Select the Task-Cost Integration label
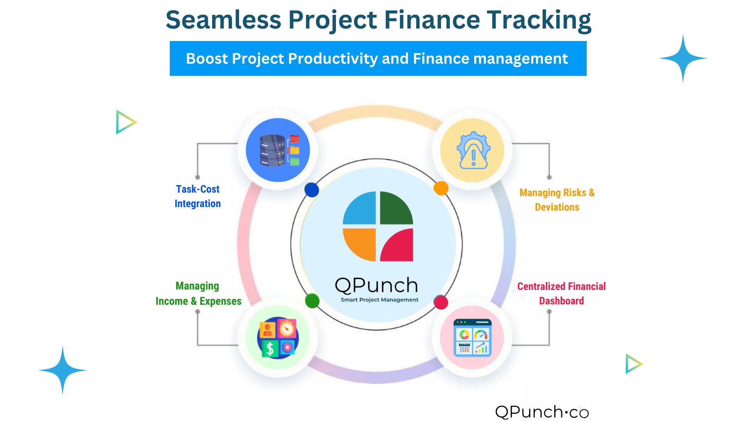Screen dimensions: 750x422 click(198, 196)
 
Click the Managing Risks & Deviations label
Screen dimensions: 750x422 click(557, 200)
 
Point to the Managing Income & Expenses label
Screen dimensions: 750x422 click(198, 293)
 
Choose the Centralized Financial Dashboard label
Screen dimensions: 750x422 click(561, 293)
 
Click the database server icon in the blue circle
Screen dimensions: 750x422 click(273, 150)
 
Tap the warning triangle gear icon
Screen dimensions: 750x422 click(473, 150)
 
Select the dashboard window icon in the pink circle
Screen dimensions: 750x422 click(472, 338)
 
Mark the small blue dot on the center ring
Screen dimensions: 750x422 click(312, 190)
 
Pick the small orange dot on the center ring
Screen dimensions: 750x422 click(441, 188)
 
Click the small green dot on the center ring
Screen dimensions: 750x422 click(312, 301)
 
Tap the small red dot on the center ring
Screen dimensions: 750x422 click(441, 302)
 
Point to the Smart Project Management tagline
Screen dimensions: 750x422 click(379, 300)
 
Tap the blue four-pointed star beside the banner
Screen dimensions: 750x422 click(683, 58)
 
